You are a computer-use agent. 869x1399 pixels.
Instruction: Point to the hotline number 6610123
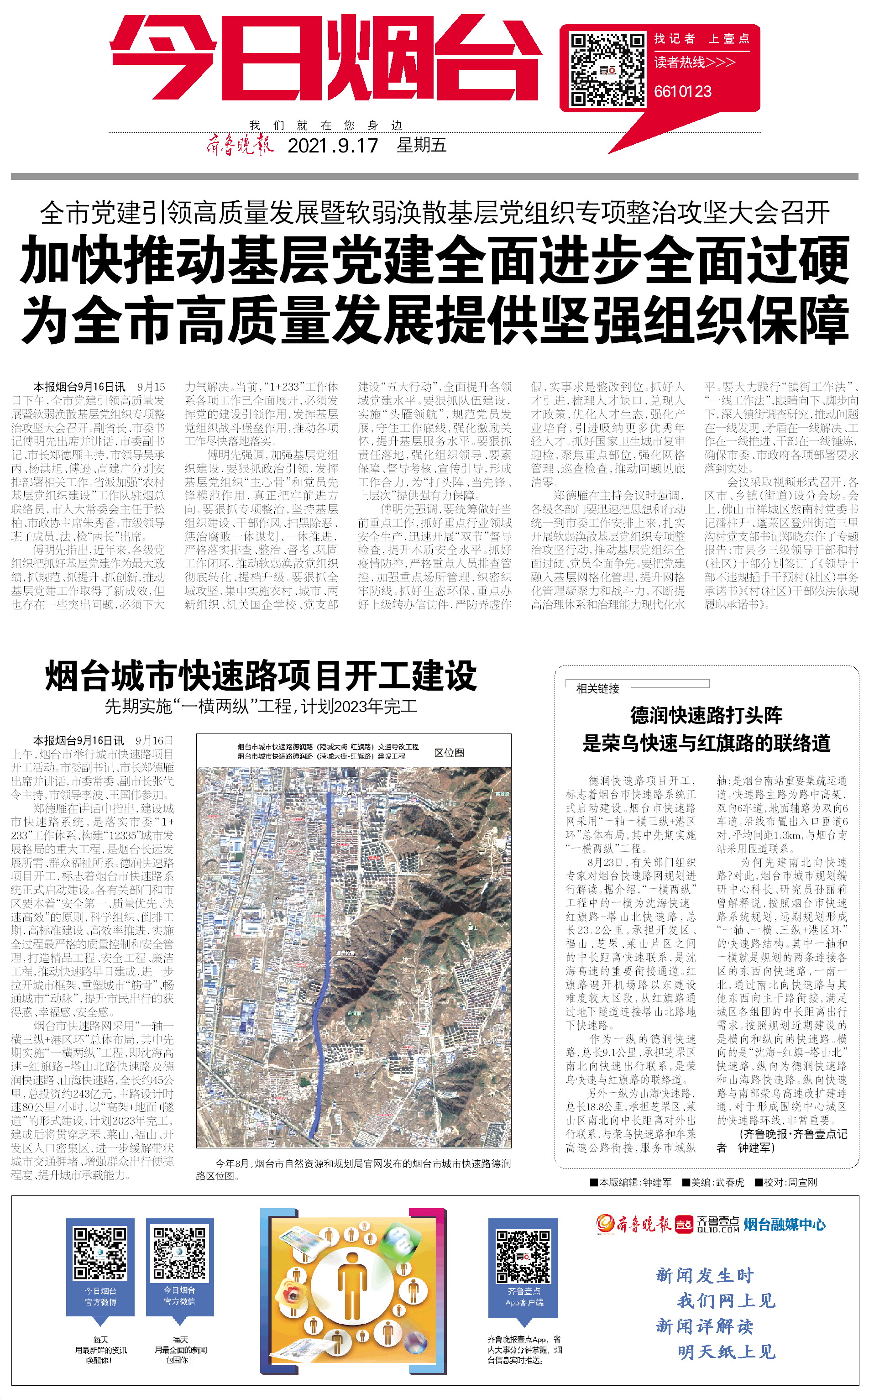[x=683, y=91]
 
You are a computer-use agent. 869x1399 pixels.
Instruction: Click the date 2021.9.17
[x=333, y=146]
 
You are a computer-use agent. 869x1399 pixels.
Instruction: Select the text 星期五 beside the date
[x=421, y=146]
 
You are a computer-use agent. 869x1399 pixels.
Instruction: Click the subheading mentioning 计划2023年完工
[x=261, y=707]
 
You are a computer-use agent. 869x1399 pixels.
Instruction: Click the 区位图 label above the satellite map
[x=449, y=753]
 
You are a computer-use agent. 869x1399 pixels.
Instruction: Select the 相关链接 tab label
[x=598, y=689]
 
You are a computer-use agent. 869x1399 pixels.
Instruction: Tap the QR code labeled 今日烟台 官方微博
[x=100, y=1253]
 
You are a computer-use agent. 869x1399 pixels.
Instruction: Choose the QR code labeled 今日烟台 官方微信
[x=179, y=1253]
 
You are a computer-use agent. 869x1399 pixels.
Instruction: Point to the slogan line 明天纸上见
[x=727, y=1352]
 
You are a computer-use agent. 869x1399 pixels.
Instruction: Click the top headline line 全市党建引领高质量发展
[x=434, y=213]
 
